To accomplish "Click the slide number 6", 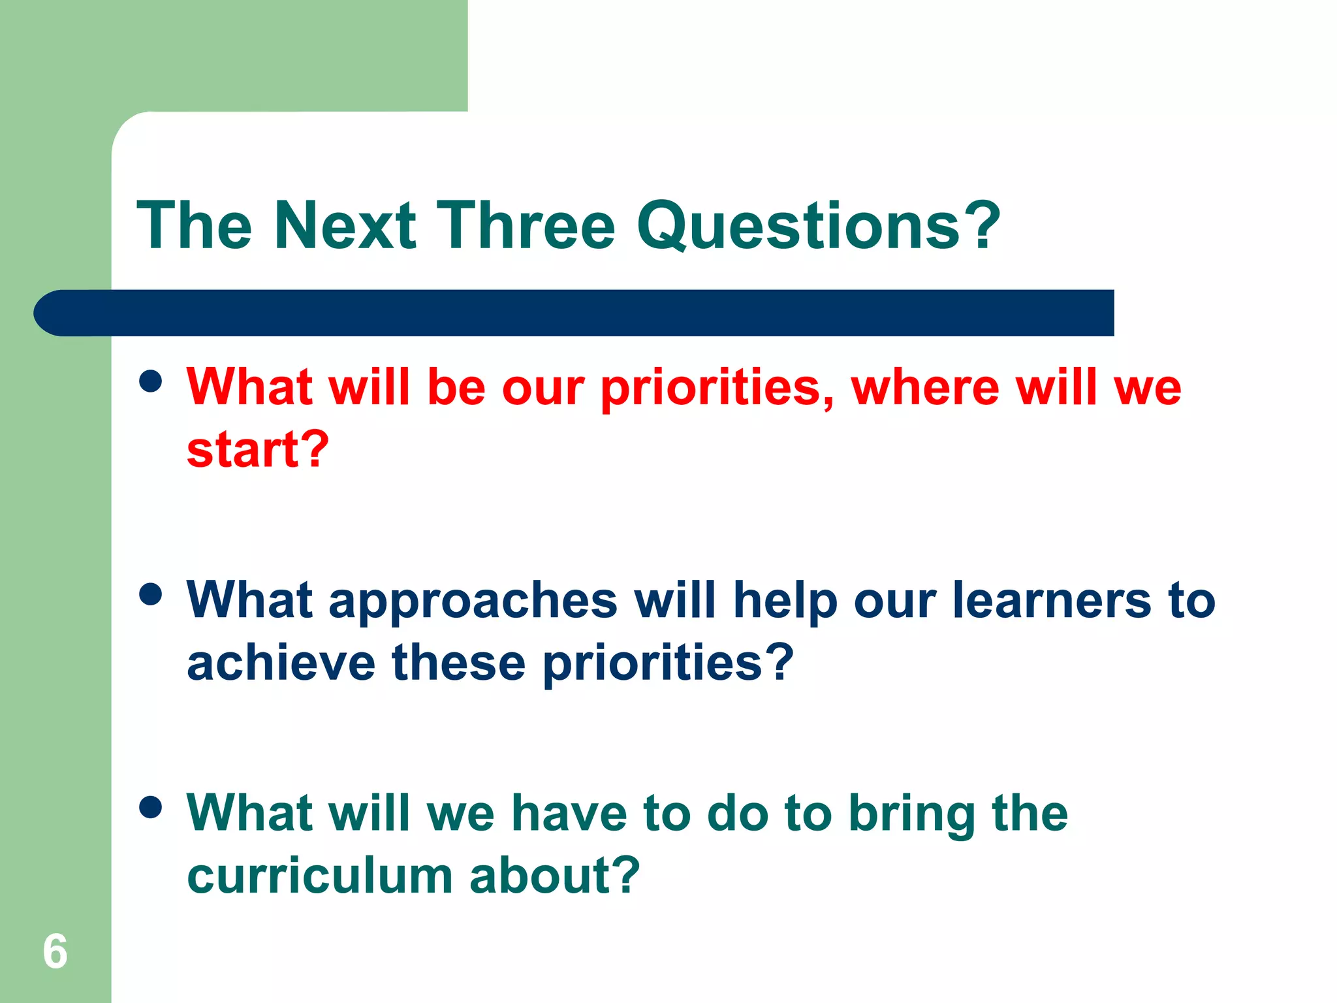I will (55, 951).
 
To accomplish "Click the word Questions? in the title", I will (818, 225).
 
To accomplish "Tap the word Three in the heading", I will (526, 225).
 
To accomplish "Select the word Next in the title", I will (345, 225).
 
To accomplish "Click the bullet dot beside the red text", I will (151, 381).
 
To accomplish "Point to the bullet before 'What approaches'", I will (151, 594).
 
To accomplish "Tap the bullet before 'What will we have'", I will (151, 807).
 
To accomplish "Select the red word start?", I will (258, 450).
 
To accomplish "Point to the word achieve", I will (281, 663).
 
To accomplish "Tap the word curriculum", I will (320, 876).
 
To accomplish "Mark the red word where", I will (925, 387).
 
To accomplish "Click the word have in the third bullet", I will (568, 814).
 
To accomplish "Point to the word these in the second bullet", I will (458, 663).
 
